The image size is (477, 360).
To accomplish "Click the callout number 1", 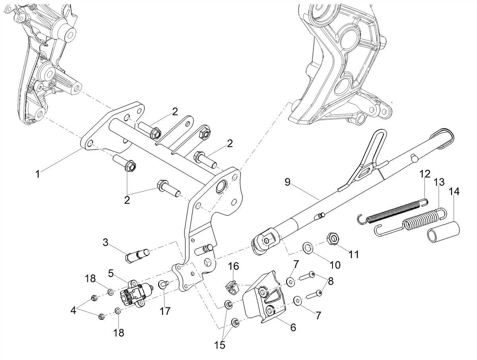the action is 38,174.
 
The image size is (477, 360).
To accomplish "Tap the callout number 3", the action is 106,242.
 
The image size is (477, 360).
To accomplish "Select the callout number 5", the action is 111,274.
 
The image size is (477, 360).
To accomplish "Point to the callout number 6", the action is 293,327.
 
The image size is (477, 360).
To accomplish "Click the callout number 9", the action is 287,182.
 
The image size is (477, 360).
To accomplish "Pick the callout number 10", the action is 335,265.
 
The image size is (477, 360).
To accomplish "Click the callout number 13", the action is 439,182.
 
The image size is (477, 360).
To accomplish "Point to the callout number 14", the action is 454,192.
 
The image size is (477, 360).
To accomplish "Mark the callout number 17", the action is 165,311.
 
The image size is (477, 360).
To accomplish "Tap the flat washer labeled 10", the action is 308,248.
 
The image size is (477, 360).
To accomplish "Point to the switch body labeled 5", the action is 136,294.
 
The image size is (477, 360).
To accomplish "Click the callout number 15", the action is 220,345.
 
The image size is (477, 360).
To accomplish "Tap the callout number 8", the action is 331,281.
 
